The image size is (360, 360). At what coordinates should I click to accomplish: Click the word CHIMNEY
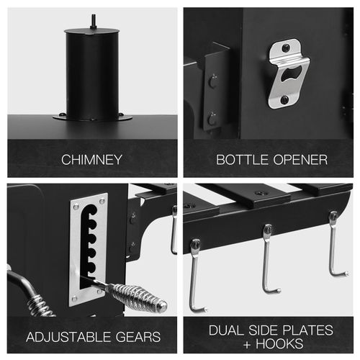click(x=91, y=160)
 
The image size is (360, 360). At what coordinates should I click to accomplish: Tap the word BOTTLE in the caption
click(x=242, y=160)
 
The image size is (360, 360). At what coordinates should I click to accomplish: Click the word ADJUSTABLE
click(x=68, y=337)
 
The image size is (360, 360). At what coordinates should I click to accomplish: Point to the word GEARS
click(x=138, y=337)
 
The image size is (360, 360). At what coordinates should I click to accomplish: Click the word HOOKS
click(x=279, y=343)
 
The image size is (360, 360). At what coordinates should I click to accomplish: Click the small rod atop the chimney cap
click(x=93, y=22)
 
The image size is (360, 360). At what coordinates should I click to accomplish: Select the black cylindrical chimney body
click(x=92, y=74)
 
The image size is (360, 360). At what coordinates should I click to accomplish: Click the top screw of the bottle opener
click(x=286, y=48)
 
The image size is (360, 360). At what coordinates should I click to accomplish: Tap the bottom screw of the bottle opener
click(x=284, y=99)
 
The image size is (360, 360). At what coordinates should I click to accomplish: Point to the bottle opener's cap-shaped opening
click(x=291, y=73)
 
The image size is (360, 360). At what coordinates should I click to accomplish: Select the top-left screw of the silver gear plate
click(x=76, y=206)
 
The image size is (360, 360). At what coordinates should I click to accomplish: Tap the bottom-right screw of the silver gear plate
click(x=99, y=292)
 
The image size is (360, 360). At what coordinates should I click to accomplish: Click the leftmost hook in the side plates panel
click(x=196, y=276)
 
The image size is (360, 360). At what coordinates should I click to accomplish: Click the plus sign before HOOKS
click(x=247, y=344)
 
